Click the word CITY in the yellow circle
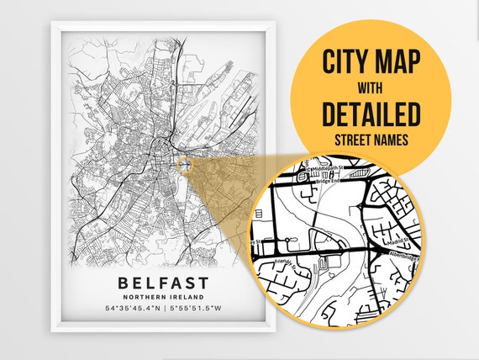pos(347,61)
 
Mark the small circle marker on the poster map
pos(187,165)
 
